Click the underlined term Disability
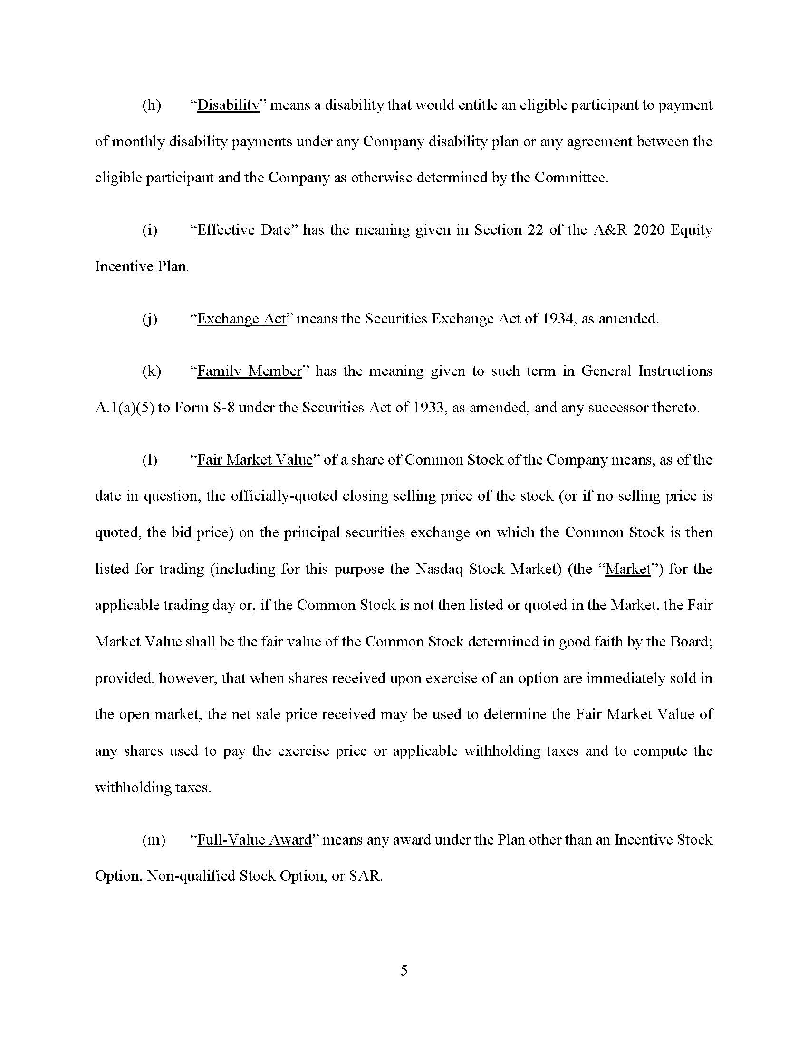228,105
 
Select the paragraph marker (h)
152,105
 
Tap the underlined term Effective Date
244,230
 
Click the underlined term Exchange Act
241,319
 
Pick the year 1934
559,319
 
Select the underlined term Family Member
250,371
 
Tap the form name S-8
223,408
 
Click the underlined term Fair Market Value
255,460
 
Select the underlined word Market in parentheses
628,569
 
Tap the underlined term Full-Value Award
254,840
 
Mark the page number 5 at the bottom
404,970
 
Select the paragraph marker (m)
154,840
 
